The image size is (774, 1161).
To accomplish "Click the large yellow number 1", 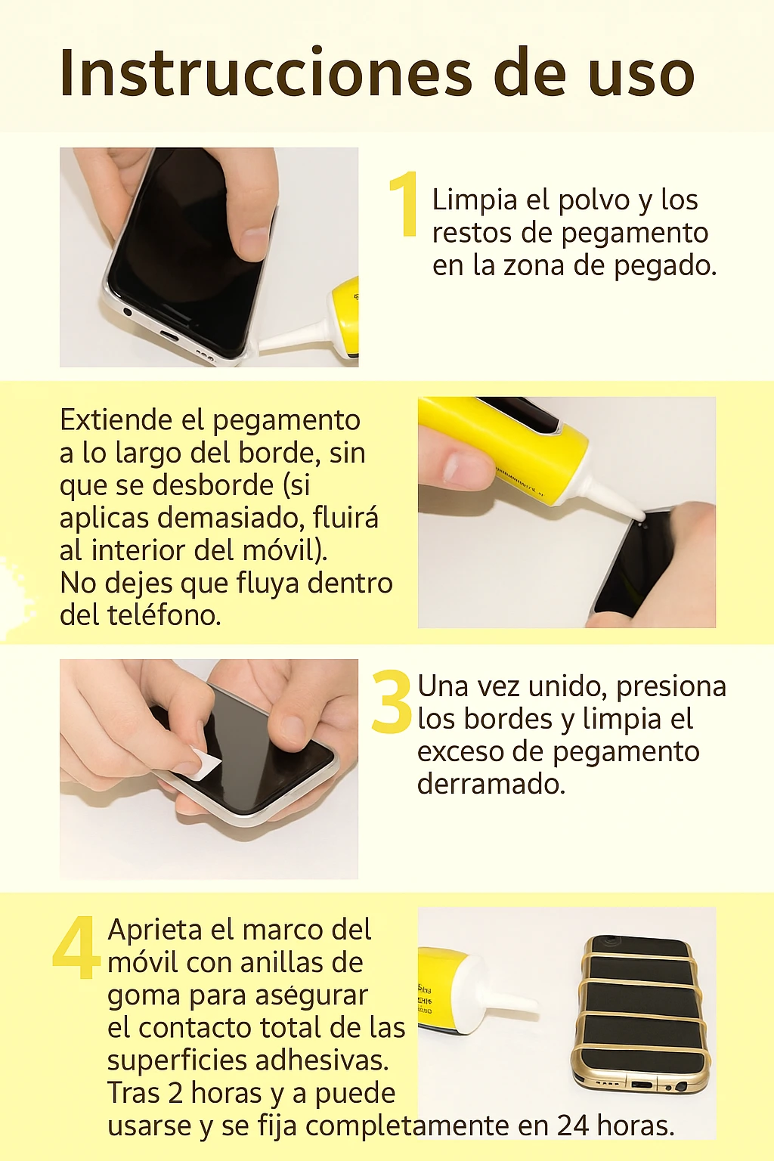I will pos(405,203).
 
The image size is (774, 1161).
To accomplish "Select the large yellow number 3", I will pos(392,702).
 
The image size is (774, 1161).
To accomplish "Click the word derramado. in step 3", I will pos(491,784).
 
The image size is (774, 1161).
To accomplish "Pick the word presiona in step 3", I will pos(670,686).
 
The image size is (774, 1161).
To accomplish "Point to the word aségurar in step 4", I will pos(311,995).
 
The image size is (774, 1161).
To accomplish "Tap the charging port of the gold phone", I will pos(642,1085).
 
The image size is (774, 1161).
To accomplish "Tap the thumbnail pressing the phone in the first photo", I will pos(252,243).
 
